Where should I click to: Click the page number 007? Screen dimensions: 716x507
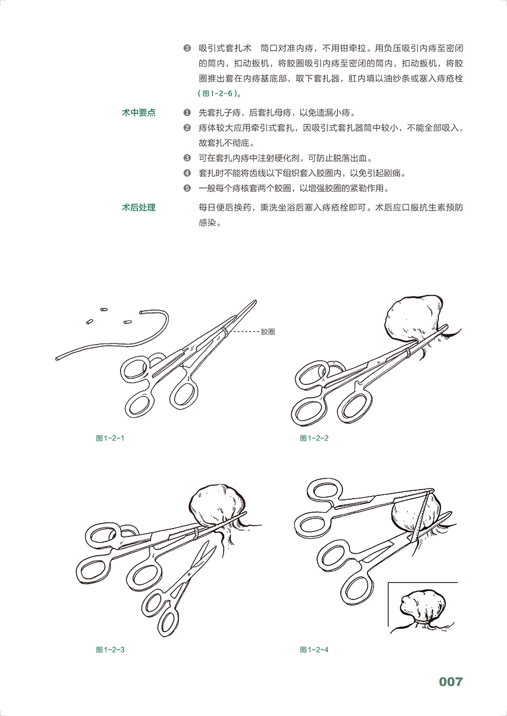click(451, 682)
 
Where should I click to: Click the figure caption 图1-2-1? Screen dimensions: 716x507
click(110, 438)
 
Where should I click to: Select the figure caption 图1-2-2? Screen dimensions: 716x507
click(314, 438)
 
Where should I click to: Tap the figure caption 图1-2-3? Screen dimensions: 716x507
click(110, 650)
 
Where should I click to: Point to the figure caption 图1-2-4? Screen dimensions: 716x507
click(314, 650)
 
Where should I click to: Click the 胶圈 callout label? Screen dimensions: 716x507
click(268, 332)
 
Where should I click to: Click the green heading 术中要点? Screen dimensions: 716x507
click(139, 113)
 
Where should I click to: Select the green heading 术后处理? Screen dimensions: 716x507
click(139, 208)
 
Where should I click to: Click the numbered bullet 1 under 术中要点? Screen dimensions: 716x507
click(187, 113)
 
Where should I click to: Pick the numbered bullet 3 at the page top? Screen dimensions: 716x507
click(187, 48)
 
